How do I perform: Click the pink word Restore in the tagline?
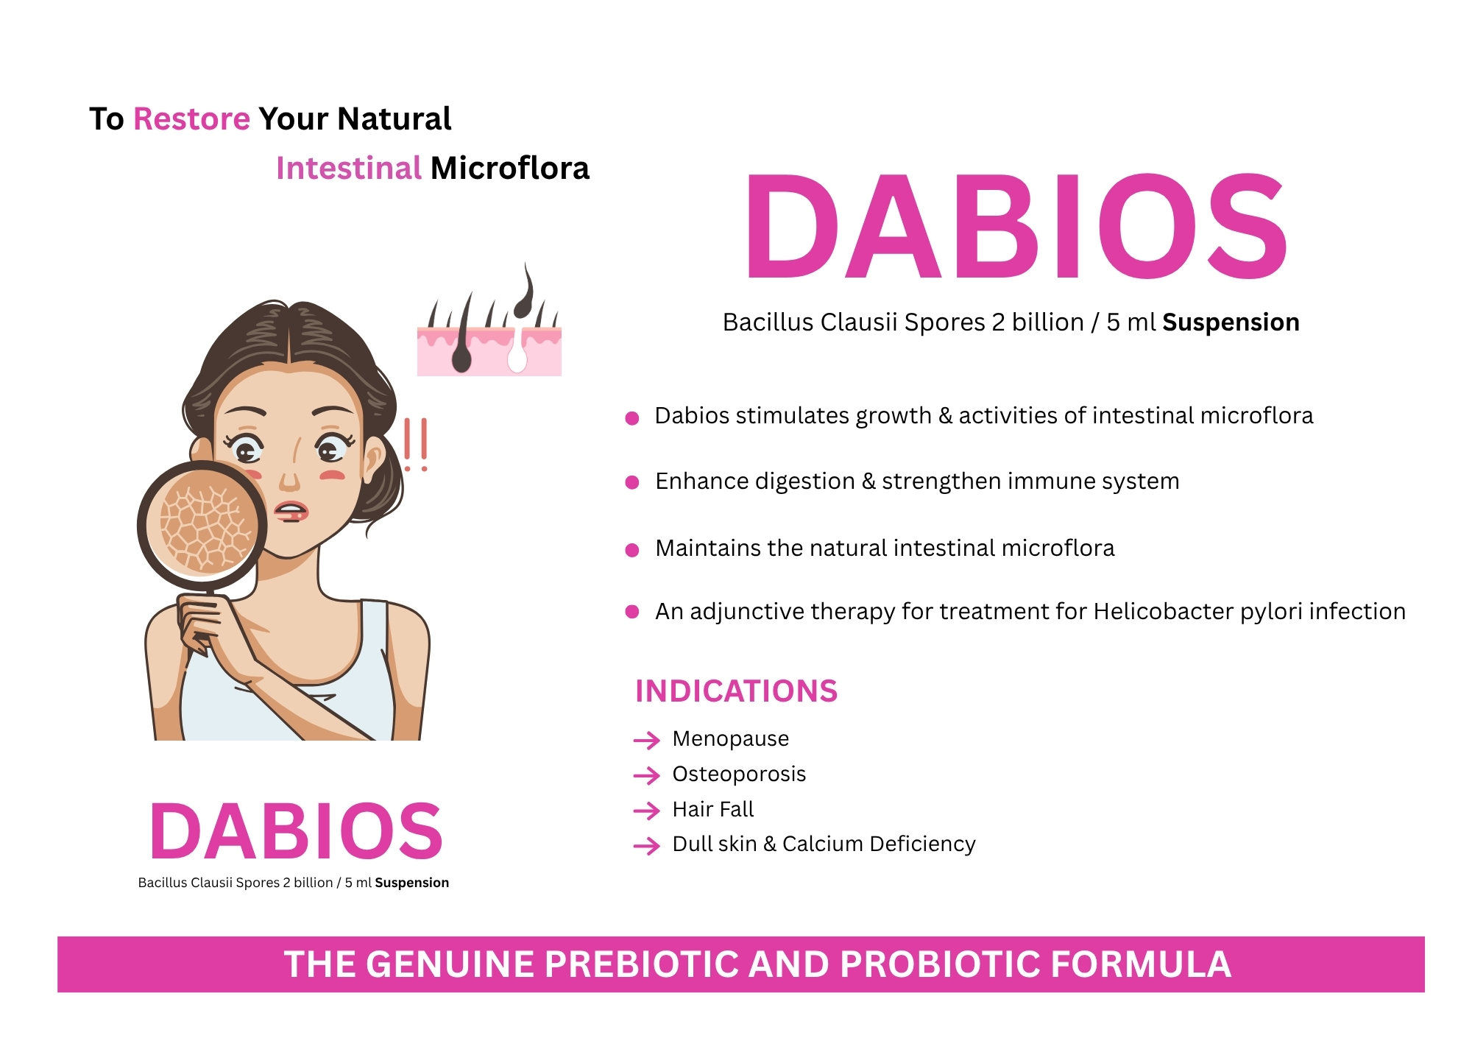click(x=191, y=119)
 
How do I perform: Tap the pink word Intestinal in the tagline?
click(x=348, y=168)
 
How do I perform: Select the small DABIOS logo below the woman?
click(x=296, y=831)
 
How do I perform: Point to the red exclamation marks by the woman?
click(x=415, y=445)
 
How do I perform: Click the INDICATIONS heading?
click(x=736, y=691)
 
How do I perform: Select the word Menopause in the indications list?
click(x=730, y=738)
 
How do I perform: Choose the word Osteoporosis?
click(x=739, y=774)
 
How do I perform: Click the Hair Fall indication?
click(x=713, y=809)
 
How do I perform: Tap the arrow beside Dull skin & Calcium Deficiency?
click(x=647, y=846)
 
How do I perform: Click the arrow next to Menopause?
click(x=647, y=740)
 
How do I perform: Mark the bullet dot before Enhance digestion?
click(x=631, y=483)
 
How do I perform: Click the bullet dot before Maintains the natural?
click(x=631, y=550)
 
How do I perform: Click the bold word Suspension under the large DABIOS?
click(x=1231, y=322)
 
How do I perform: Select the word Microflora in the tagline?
click(x=510, y=168)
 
